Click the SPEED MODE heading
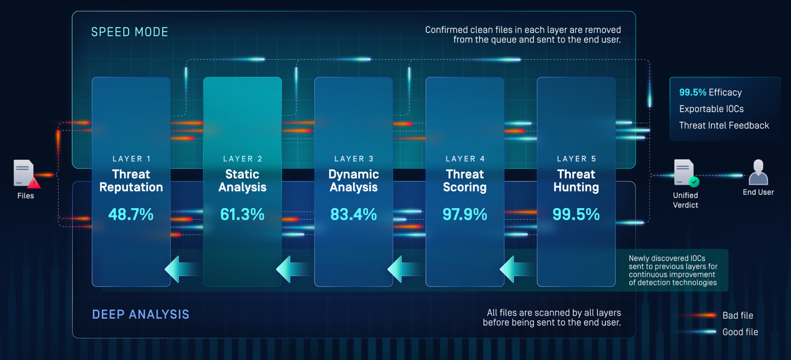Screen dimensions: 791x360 (x=130, y=32)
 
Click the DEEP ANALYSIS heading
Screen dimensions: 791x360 (x=140, y=315)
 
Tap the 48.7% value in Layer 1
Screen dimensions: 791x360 (x=131, y=214)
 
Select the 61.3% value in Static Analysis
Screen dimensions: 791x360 (x=242, y=214)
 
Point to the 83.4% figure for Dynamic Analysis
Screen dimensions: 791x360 (x=354, y=214)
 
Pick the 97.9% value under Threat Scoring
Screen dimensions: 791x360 (x=465, y=214)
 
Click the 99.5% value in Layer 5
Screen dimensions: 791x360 (x=576, y=214)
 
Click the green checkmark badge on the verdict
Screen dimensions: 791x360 (x=694, y=182)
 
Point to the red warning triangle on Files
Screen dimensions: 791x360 (x=34, y=183)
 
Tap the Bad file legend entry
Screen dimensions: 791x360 (x=737, y=315)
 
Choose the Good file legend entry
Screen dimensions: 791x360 (x=740, y=332)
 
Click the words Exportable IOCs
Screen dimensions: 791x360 (x=711, y=109)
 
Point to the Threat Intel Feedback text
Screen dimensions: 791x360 (x=724, y=125)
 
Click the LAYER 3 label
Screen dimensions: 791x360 (x=354, y=159)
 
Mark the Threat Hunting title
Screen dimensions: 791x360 (x=576, y=180)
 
